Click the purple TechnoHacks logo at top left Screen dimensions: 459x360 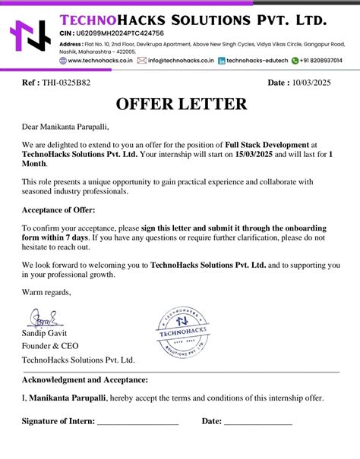click(30, 37)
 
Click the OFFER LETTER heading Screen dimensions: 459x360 click(180, 104)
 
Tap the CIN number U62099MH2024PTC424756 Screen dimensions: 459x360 click(125, 33)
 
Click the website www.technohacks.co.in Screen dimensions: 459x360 click(100, 60)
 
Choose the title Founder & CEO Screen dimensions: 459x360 click(49, 346)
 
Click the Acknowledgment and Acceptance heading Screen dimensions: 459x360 click(85, 379)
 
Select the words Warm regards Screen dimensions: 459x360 click(46, 292)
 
